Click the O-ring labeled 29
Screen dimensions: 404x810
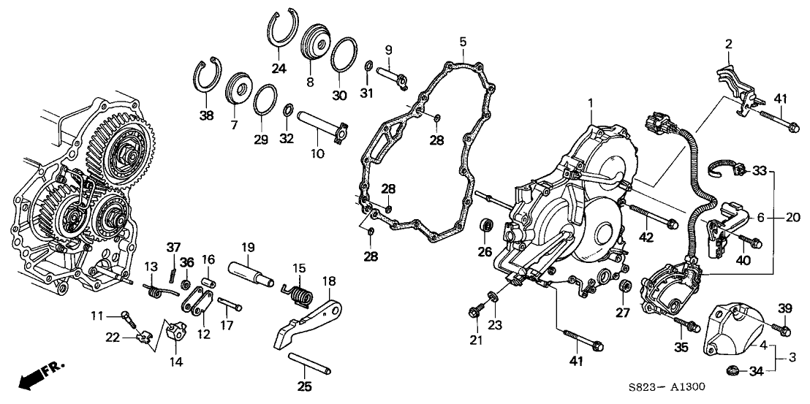coord(265,99)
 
